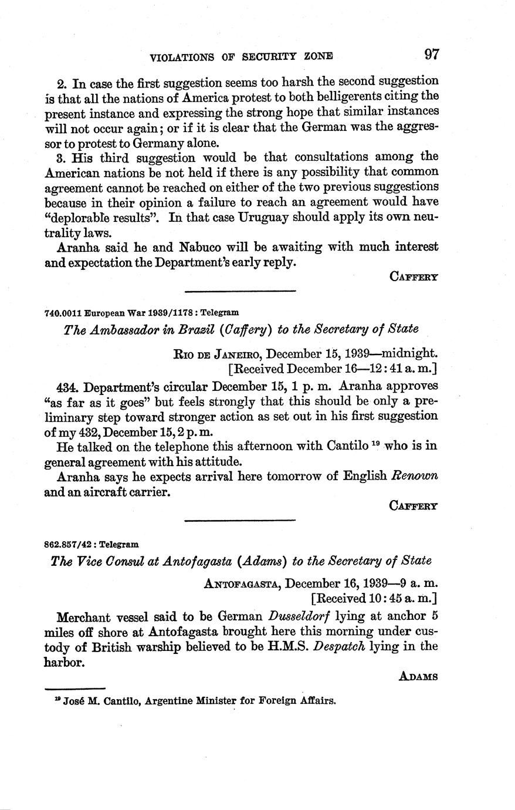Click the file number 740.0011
(63, 313)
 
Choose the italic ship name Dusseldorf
(298, 617)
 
